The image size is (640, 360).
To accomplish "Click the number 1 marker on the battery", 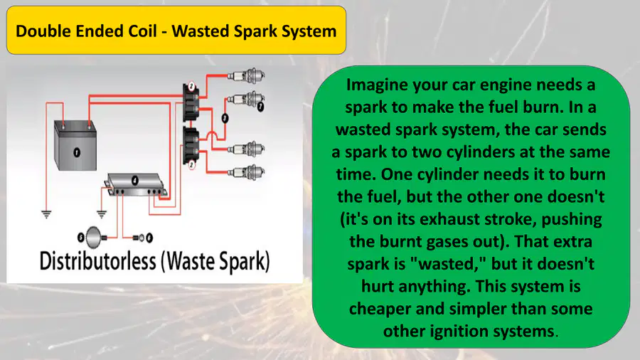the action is pyautogui.click(x=76, y=152).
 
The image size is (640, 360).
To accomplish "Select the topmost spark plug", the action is pyautogui.click(x=246, y=76).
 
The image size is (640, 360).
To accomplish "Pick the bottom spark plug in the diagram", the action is pyautogui.click(x=246, y=172).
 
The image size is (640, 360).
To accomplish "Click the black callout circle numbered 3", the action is pyautogui.click(x=225, y=118).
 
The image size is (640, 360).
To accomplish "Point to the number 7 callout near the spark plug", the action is pyautogui.click(x=260, y=107).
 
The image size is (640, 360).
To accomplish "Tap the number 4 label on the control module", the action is pyautogui.click(x=135, y=180).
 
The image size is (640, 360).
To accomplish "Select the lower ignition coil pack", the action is pyautogui.click(x=191, y=145).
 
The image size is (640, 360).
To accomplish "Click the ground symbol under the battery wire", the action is pyautogui.click(x=46, y=214).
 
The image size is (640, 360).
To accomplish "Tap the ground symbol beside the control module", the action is pyautogui.click(x=102, y=214).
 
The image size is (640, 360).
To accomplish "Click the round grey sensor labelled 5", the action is pyautogui.click(x=94, y=237).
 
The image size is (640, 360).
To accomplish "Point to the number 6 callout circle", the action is pyautogui.click(x=149, y=238).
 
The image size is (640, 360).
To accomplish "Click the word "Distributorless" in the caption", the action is pyautogui.click(x=98, y=261).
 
